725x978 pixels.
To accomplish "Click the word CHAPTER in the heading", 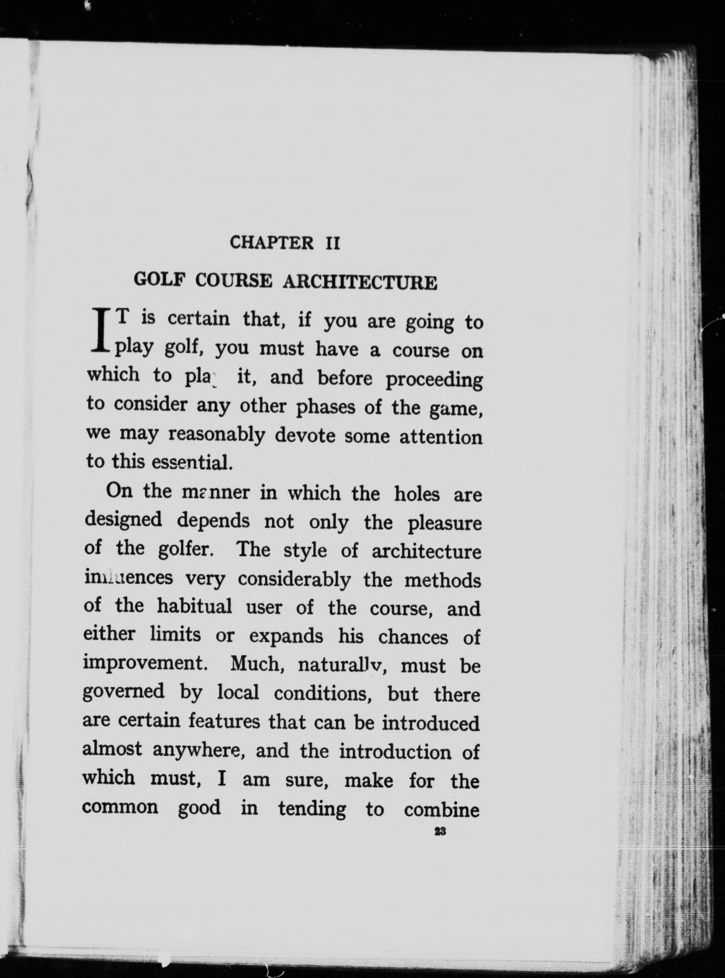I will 272,243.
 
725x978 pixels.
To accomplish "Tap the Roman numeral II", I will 332,243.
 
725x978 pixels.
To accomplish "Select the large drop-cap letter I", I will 100,331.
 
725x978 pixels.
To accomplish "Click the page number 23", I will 440,832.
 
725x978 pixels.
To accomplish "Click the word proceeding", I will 434,380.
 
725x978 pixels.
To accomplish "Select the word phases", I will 325,408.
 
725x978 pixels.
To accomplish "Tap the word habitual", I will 194,607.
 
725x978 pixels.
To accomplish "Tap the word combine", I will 441,809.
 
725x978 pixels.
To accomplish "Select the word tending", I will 312,808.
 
